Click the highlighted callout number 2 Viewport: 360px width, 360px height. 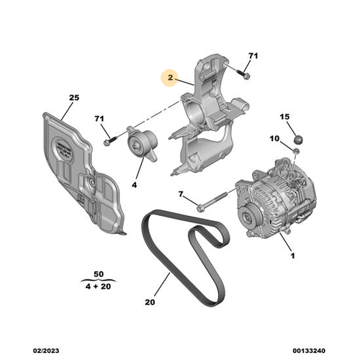(171, 78)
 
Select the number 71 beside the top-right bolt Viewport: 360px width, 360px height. (252, 55)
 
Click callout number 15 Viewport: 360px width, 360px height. (284, 116)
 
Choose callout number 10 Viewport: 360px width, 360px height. (275, 138)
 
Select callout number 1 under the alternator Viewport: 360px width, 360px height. (293, 256)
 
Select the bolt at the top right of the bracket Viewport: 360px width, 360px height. (243, 73)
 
